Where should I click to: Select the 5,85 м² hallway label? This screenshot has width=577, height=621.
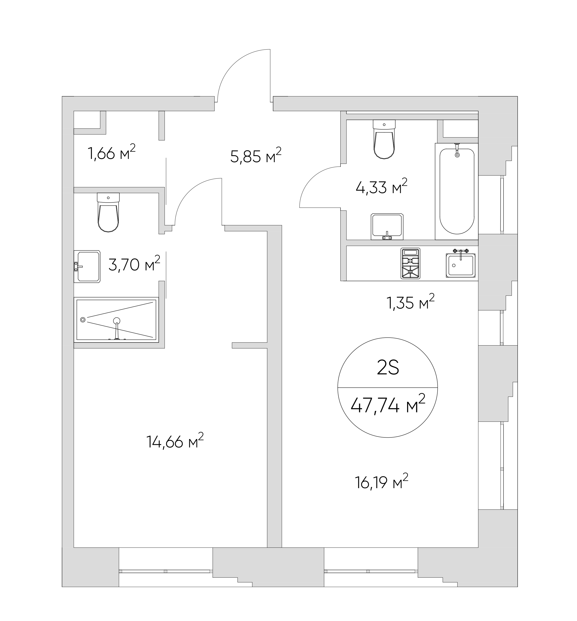point(256,156)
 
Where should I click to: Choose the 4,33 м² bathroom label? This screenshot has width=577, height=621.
point(381,187)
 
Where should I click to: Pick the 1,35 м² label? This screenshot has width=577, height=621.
point(411,302)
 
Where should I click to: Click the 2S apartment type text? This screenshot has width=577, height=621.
point(388,369)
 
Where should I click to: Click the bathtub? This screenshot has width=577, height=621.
point(456,191)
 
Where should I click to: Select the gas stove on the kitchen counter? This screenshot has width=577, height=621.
point(410,263)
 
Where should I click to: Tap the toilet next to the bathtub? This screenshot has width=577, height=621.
point(384,140)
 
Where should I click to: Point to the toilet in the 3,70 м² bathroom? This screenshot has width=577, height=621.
point(108,212)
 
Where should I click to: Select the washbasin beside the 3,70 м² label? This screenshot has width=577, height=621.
point(87,266)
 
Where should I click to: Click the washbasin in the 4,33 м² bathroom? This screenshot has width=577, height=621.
point(387,227)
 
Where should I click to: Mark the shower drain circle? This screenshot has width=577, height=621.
point(83,319)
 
